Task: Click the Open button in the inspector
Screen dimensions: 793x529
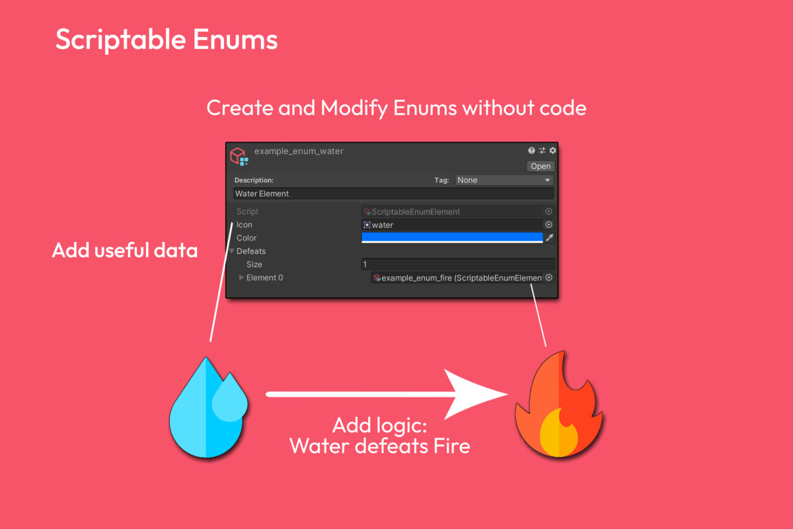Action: click(x=541, y=166)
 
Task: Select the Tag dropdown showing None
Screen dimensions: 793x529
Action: click(x=504, y=180)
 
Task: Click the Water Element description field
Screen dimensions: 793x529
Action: click(x=393, y=194)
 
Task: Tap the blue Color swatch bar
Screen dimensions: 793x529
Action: click(x=452, y=237)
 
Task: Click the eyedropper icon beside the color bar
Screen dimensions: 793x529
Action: click(x=549, y=237)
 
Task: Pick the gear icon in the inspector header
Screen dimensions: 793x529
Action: click(x=552, y=151)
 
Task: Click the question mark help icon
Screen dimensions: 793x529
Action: click(x=531, y=151)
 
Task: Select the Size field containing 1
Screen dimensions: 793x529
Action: click(x=458, y=264)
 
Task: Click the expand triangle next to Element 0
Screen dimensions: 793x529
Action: click(x=241, y=278)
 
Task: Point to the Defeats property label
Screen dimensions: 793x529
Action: click(x=251, y=251)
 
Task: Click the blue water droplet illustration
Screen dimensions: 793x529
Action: click(x=209, y=407)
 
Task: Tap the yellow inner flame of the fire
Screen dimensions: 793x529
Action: click(x=558, y=433)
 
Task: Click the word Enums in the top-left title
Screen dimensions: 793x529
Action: click(x=235, y=39)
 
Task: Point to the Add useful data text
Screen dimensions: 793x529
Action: click(x=125, y=250)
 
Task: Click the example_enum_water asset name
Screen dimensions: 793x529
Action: click(x=299, y=151)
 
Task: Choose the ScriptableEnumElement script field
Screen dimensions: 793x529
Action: click(x=458, y=212)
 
